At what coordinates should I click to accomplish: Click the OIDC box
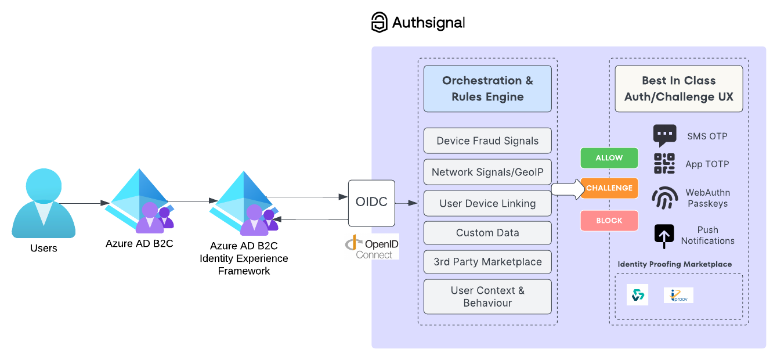click(371, 203)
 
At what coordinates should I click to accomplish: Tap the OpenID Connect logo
click(371, 247)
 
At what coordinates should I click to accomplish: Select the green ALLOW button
click(609, 158)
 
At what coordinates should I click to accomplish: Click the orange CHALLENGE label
click(609, 188)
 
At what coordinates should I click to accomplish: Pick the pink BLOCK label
click(609, 221)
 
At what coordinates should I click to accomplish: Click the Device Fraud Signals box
click(487, 141)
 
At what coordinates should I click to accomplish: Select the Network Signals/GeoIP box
click(487, 172)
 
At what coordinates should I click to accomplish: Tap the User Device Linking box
click(487, 203)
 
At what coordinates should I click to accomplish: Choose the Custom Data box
click(487, 233)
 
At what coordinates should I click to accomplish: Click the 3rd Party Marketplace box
click(487, 262)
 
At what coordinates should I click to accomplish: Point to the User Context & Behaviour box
click(487, 297)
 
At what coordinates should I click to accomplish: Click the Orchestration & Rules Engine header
click(487, 89)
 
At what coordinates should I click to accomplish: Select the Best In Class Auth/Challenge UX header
click(678, 89)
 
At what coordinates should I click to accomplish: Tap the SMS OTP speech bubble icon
click(664, 135)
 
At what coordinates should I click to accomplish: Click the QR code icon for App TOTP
click(664, 164)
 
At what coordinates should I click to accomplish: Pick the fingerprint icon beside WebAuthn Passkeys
click(664, 198)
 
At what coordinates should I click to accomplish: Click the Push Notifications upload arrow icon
click(664, 235)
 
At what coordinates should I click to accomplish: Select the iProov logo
click(678, 295)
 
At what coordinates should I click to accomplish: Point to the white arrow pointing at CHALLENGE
click(566, 189)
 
